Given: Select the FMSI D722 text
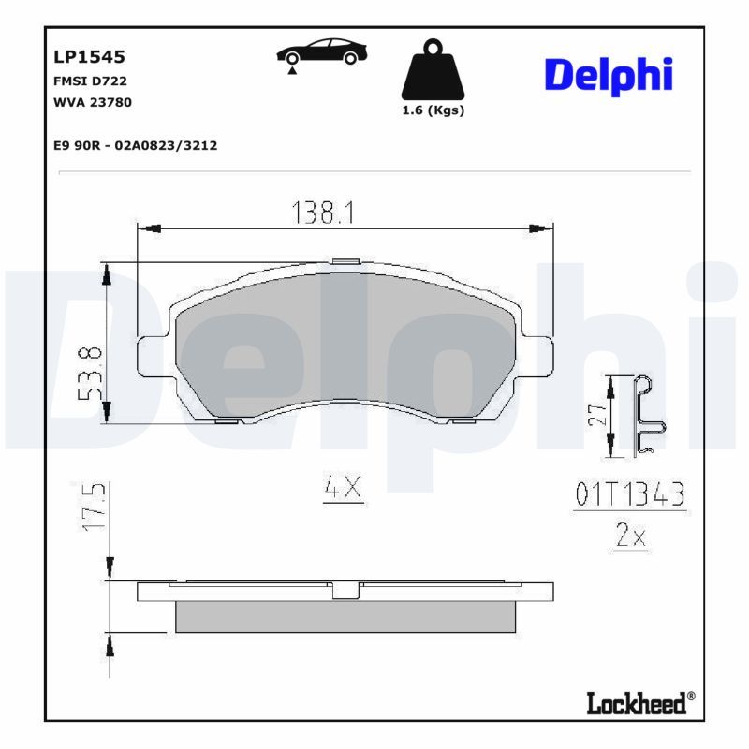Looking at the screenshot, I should (89, 81).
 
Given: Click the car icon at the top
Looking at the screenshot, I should (321, 54).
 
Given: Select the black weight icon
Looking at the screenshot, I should (433, 70).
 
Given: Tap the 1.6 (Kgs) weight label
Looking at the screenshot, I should (433, 110).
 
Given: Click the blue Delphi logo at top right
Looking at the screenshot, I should (609, 75).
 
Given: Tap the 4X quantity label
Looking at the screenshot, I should (342, 488).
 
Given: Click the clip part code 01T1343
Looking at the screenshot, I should (630, 495).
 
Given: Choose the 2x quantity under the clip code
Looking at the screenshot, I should (631, 536).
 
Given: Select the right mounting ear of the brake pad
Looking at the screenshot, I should (540, 354).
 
